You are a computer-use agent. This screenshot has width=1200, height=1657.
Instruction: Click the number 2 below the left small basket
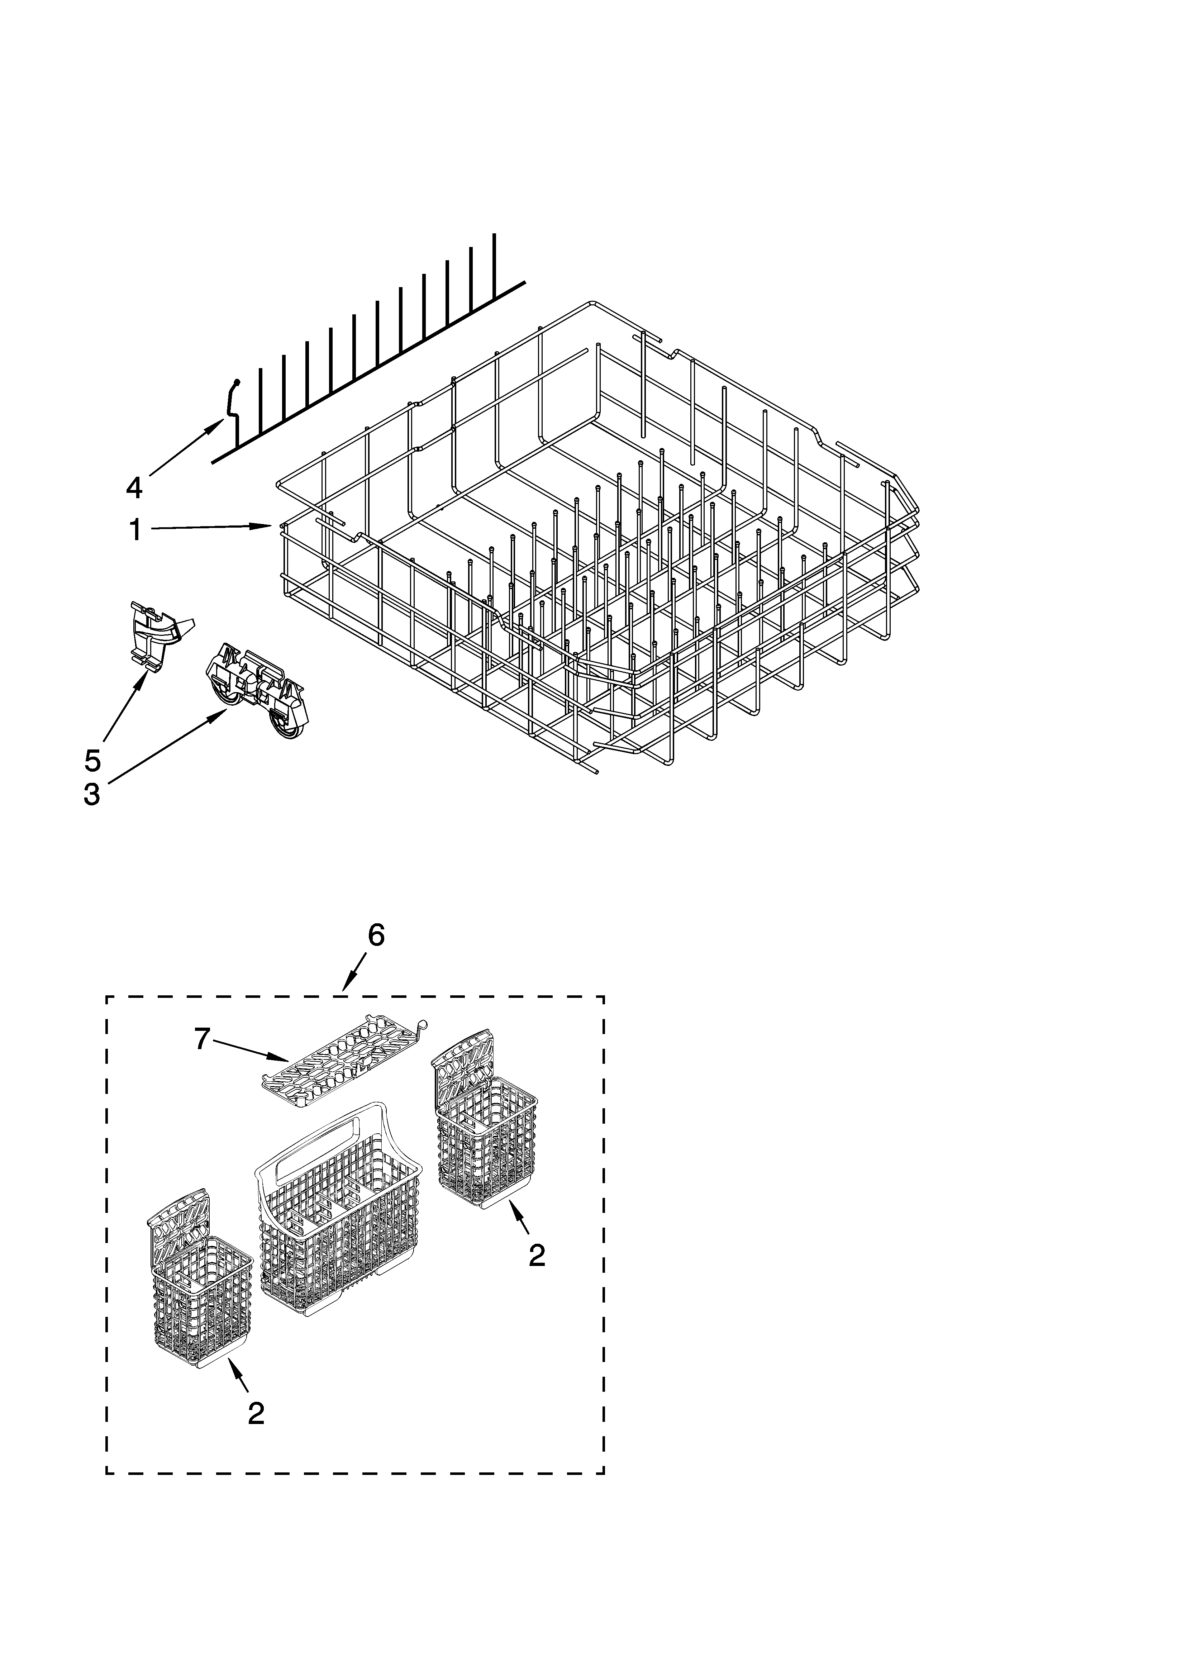click(255, 1414)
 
